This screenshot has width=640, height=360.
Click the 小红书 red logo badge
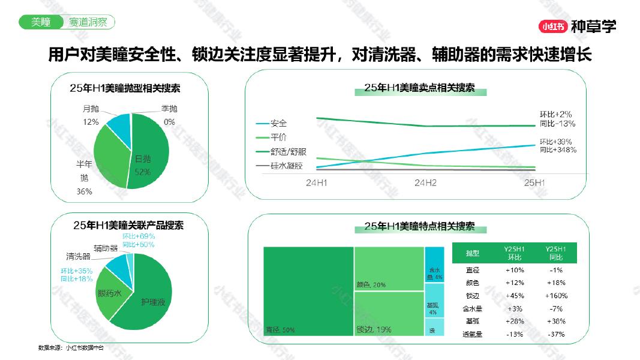[x=552, y=26]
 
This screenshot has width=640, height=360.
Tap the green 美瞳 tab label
[x=40, y=22]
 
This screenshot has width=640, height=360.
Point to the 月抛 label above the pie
[x=91, y=109]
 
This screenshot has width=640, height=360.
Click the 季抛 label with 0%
[x=169, y=109]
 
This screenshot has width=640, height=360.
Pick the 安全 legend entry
[x=278, y=124]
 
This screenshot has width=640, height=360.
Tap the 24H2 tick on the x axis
[x=425, y=182]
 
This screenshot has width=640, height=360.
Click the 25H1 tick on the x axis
[x=534, y=182]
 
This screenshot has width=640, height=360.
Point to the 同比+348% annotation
[x=558, y=149]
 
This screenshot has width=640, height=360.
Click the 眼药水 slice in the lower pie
[x=110, y=293]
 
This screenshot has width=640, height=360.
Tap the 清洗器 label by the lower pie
[x=78, y=256]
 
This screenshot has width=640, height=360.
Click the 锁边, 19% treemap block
[x=389, y=313]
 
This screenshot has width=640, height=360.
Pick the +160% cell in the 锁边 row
[x=556, y=296]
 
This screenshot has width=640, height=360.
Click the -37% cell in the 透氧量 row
[x=556, y=334]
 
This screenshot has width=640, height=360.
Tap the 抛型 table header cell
[x=472, y=254]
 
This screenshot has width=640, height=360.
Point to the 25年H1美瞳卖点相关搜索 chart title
[x=419, y=88]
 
